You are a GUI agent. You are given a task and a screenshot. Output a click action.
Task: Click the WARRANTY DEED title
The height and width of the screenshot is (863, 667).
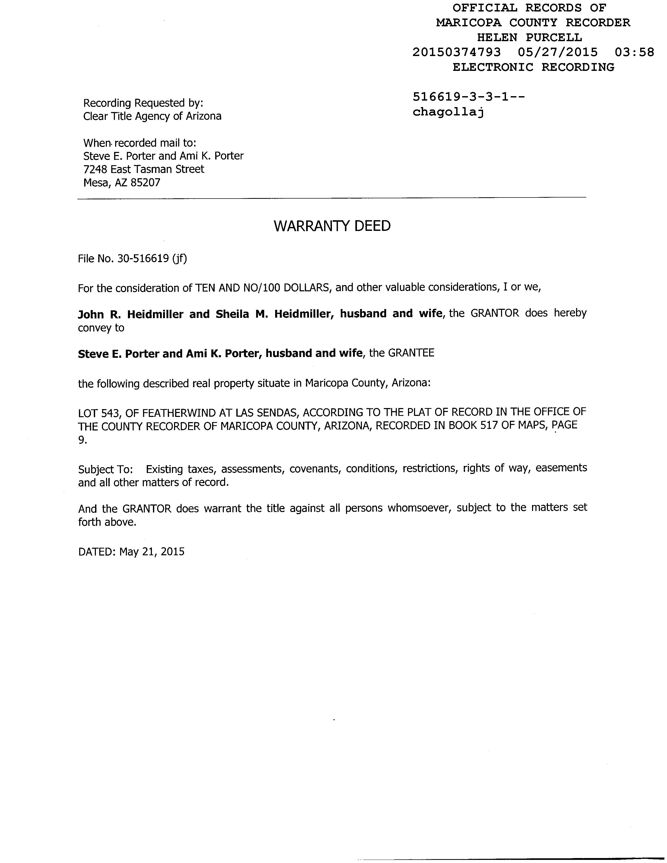pos(332,226)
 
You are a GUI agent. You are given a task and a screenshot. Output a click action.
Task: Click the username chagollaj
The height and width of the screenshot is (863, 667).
pos(448,112)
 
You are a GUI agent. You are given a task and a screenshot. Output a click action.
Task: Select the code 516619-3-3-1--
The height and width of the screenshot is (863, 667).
pos(469,97)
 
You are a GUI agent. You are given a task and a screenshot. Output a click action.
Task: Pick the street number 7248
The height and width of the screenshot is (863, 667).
pos(95,169)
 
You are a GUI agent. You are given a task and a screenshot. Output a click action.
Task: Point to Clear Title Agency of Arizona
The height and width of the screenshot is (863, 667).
pos(152,116)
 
